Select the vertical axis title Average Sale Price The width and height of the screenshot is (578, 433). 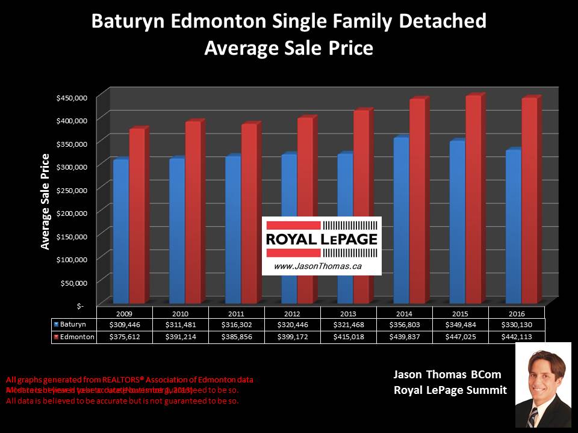(x=45, y=201)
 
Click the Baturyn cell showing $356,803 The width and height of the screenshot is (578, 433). (x=405, y=325)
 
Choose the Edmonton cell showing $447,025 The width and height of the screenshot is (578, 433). (x=461, y=337)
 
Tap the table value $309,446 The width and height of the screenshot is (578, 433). (x=124, y=325)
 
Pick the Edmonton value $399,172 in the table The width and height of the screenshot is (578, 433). (x=293, y=337)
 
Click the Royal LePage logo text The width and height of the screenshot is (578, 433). (x=322, y=239)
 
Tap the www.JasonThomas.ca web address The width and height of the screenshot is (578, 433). (x=310, y=265)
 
